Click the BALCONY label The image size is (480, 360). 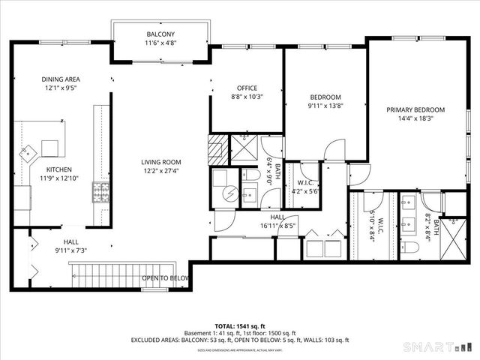click(x=160, y=34)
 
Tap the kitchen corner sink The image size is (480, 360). click(x=28, y=152)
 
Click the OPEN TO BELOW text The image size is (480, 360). click(x=166, y=277)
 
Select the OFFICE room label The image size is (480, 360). click(x=247, y=88)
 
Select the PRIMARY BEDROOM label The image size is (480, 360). click(x=415, y=109)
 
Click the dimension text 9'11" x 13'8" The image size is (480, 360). click(x=325, y=106)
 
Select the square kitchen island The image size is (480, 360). click(x=51, y=147)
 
